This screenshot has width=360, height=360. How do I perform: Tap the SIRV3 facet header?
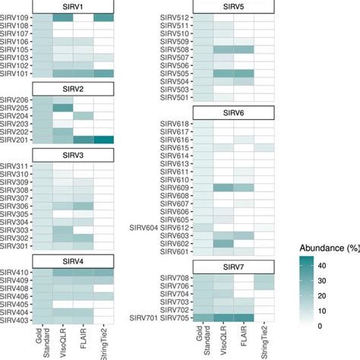point(74,155)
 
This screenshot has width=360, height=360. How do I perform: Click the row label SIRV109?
point(16,17)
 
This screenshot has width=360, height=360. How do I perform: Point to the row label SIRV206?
point(16,100)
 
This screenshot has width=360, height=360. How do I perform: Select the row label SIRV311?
point(16,166)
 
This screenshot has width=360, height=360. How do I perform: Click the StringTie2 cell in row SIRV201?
point(104,140)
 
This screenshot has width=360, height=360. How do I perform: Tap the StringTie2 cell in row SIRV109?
point(104,17)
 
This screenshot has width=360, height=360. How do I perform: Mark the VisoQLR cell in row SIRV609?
point(223,187)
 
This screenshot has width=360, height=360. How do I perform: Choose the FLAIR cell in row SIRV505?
point(244,74)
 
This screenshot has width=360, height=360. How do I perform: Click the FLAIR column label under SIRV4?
point(84,340)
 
